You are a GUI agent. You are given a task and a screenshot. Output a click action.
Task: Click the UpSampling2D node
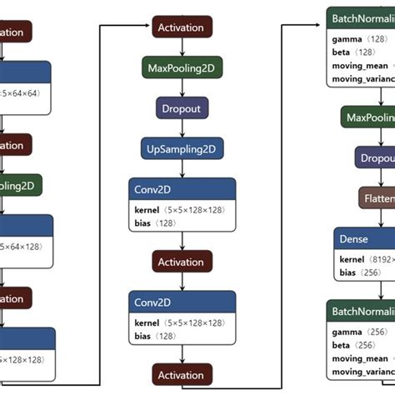tap(181, 149)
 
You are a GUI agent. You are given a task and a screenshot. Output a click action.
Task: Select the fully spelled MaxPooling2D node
tap(181, 67)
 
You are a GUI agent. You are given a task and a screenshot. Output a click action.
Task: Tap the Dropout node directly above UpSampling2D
tap(181, 108)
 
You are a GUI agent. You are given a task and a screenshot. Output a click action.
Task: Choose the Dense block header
tap(364, 240)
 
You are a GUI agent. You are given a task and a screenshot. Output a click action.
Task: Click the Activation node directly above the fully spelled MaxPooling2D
tap(181, 27)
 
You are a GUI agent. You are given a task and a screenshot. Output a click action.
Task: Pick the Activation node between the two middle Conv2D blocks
tap(181, 262)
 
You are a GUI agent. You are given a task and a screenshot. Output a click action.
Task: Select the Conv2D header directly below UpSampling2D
tap(181, 189)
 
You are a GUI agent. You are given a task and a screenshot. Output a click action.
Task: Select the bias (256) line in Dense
tap(355, 272)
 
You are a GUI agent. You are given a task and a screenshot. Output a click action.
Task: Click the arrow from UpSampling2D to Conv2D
tap(181, 168)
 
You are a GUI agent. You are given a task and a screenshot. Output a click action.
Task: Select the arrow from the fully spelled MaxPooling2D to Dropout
tap(181, 88)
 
